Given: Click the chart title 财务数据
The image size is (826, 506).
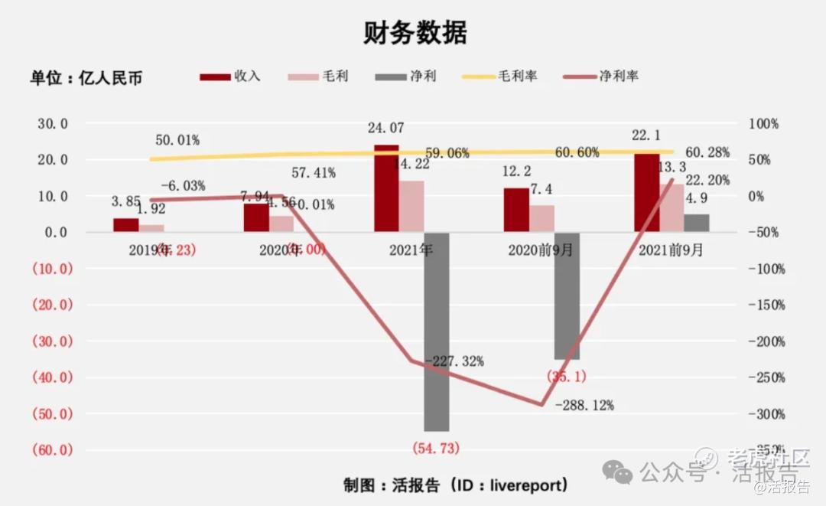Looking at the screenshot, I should point(415,32).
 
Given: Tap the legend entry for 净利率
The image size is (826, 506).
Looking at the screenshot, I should point(600,76).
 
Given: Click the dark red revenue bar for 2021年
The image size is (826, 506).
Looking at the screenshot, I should point(386,188).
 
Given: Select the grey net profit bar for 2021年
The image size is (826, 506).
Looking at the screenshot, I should point(437,331).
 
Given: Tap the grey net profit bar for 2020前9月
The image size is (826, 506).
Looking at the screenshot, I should point(567,295).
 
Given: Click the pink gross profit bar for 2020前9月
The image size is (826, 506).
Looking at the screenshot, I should point(542,218).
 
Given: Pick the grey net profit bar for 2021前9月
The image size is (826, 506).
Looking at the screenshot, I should point(696,223).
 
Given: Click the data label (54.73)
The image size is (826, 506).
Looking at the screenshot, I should point(436,447).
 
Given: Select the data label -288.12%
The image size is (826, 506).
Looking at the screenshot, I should point(584,405).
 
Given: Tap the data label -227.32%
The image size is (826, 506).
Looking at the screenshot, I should point(454,361).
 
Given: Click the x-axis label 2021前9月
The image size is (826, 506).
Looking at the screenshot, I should point(671,250).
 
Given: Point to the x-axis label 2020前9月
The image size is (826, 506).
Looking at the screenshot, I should point(541,250).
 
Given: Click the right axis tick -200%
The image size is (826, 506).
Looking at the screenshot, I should point(766,341).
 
